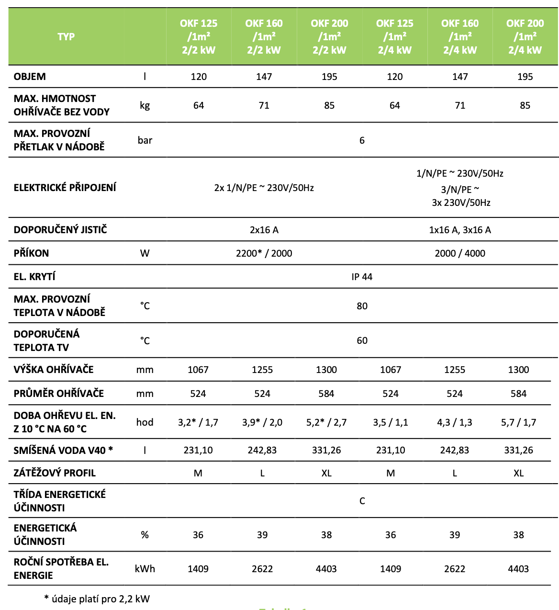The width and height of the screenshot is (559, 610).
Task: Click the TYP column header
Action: pos(66,37)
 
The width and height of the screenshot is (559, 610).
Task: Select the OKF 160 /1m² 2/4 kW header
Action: pos(460,37)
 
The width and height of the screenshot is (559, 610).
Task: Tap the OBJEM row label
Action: pos(30,77)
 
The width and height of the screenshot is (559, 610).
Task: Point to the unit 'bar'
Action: pos(145,140)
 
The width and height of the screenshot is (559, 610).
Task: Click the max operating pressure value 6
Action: pos(362,140)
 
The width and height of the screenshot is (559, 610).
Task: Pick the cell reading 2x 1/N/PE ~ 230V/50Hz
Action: pos(264,188)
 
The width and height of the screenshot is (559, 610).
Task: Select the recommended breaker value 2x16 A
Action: pos(264,230)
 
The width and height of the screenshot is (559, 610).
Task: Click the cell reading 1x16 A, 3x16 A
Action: pos(460,230)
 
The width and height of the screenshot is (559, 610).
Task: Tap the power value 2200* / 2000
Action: pos(264,253)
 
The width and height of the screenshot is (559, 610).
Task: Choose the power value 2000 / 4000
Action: pos(460,253)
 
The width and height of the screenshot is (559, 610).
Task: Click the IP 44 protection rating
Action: pos(362,277)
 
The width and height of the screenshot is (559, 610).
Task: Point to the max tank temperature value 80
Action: pos(362,306)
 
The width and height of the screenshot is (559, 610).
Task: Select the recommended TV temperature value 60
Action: pos(362,340)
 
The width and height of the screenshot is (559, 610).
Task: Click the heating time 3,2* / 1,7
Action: pos(198,422)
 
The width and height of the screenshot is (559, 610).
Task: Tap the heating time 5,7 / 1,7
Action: pos(518,422)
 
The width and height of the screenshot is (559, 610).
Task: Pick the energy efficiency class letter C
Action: pos(362,501)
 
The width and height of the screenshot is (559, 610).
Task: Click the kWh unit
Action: pos(145,569)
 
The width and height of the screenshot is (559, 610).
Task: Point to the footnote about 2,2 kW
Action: pos(97,599)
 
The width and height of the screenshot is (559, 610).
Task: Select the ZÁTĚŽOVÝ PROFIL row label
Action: pos(55,473)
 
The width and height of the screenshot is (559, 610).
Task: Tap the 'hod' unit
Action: pos(145,422)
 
